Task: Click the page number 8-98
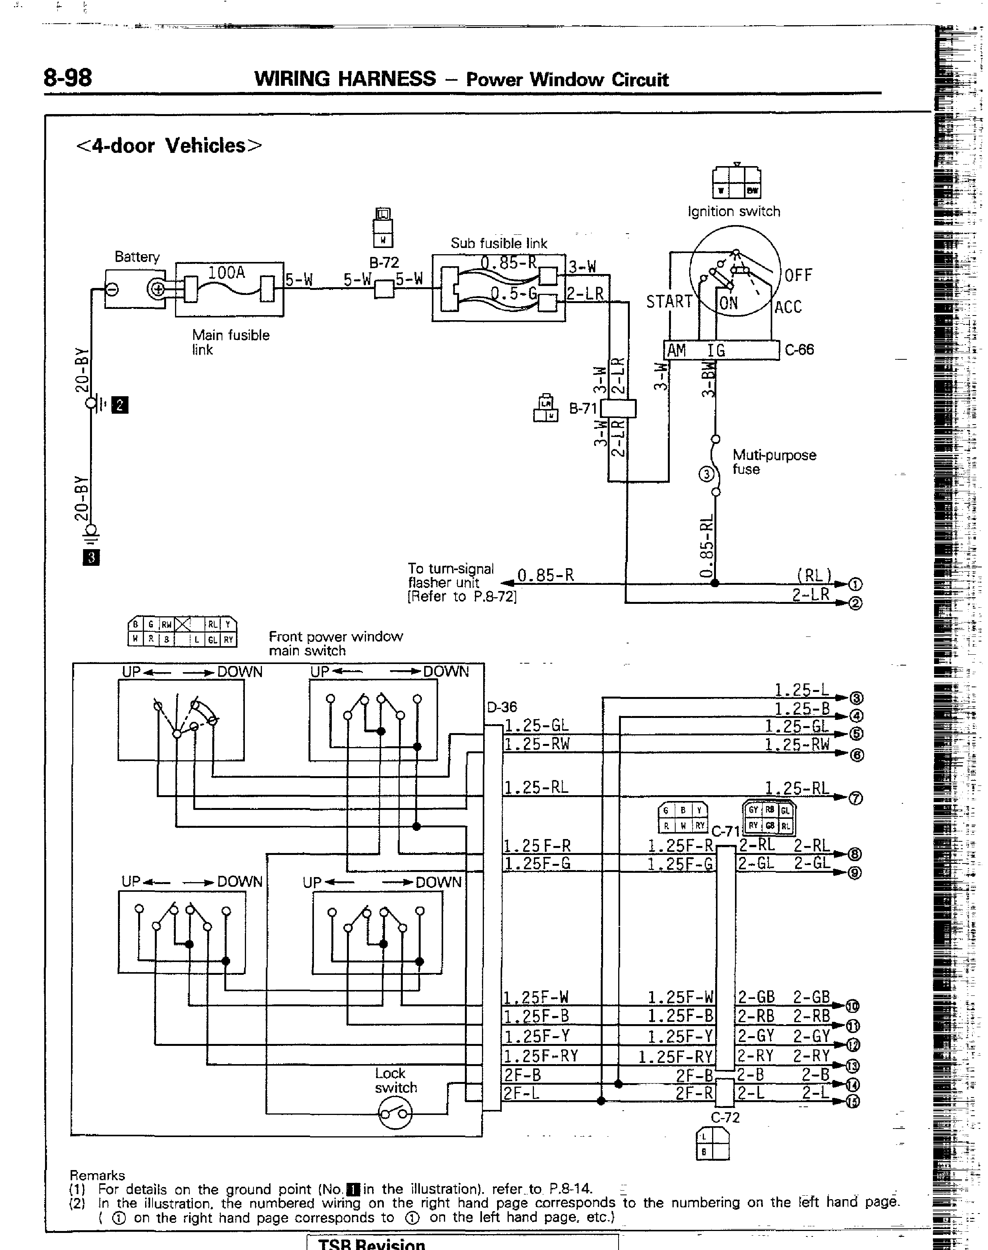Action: pyautogui.click(x=68, y=78)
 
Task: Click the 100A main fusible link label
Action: pyautogui.click(x=226, y=272)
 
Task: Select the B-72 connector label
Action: pyautogui.click(x=384, y=263)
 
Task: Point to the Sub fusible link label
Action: pyautogui.click(x=499, y=244)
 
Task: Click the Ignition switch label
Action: pyautogui.click(x=733, y=212)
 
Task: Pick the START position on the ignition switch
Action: pyautogui.click(x=669, y=302)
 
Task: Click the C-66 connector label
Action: pyautogui.click(x=799, y=349)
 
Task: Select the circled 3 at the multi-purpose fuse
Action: pyautogui.click(x=706, y=474)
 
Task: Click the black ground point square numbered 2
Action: pyautogui.click(x=120, y=405)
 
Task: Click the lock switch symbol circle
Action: pyautogui.click(x=395, y=1112)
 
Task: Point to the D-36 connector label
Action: pyautogui.click(x=501, y=707)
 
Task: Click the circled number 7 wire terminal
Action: pyautogui.click(x=856, y=799)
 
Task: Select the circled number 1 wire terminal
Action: pyautogui.click(x=856, y=584)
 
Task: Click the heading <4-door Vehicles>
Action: pyautogui.click(x=169, y=146)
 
